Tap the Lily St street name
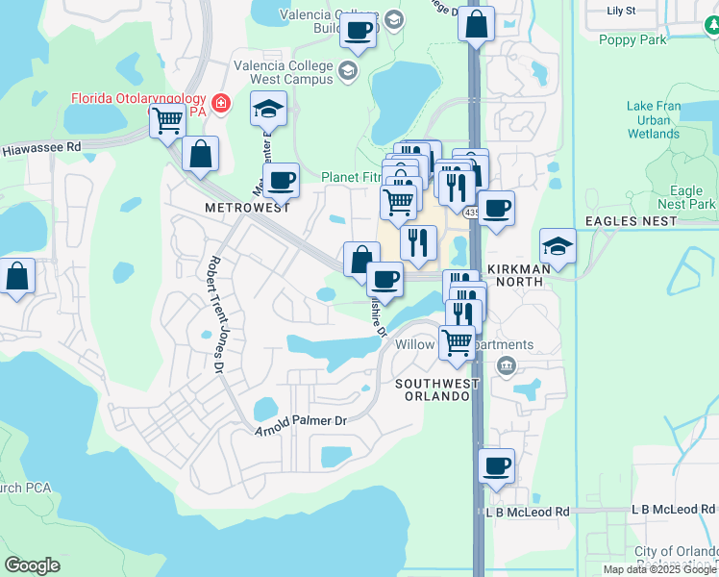pos(622,11)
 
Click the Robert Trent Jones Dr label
pos(217,314)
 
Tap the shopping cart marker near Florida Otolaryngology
pos(167,121)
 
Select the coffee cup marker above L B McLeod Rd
pos(496,464)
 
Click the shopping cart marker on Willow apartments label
pos(457,340)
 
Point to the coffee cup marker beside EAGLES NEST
pos(496,207)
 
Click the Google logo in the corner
pos(32,565)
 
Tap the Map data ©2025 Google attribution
pos(659,569)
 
